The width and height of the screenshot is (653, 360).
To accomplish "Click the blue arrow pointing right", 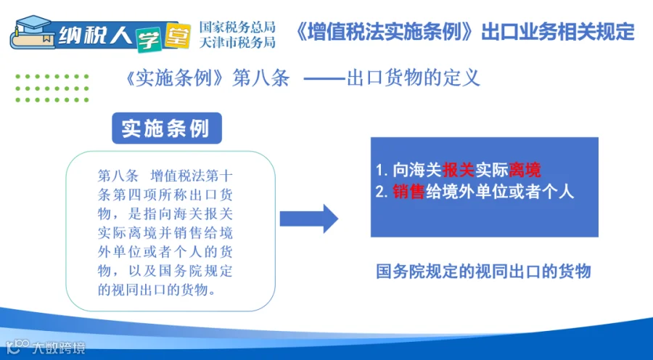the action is pyautogui.click(x=308, y=218).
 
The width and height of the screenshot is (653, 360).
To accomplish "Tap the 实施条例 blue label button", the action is pyautogui.click(x=167, y=128).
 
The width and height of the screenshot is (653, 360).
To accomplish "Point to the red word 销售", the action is pyautogui.click(x=408, y=192).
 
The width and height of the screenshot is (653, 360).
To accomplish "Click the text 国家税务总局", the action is pyautogui.click(x=237, y=27).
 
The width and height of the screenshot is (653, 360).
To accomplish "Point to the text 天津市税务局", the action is pyautogui.click(x=237, y=42).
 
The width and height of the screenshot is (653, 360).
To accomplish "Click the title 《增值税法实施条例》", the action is pyautogui.click(x=386, y=32).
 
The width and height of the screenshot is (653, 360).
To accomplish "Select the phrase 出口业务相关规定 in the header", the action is pyautogui.click(x=558, y=32).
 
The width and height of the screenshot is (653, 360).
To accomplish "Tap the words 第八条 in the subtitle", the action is pyautogui.click(x=260, y=78).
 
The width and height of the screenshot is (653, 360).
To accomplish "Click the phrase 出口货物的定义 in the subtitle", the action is pyautogui.click(x=414, y=78).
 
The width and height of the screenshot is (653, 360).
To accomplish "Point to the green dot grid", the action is pyautogui.click(x=52, y=89).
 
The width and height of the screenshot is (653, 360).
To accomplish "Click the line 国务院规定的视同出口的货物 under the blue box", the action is pyautogui.click(x=483, y=271).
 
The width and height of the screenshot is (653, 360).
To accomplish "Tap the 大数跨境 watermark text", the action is pyautogui.click(x=59, y=348).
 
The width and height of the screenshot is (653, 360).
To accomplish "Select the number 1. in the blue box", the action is pyautogui.click(x=382, y=171).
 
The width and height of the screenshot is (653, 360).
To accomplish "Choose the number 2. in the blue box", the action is pyautogui.click(x=382, y=192).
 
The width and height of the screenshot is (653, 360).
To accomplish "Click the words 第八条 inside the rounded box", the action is pyautogui.click(x=118, y=176).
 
